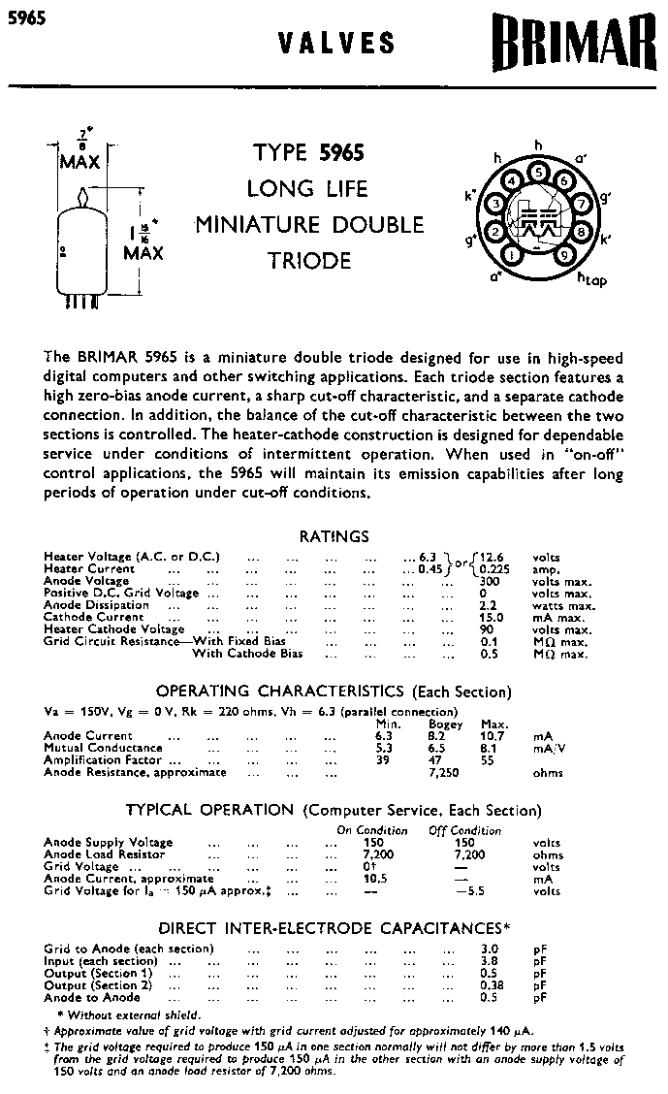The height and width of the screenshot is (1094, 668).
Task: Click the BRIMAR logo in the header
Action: click(x=572, y=45)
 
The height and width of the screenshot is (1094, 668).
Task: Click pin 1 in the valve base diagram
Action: click(x=511, y=254)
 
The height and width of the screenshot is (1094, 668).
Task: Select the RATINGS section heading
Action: click(x=334, y=536)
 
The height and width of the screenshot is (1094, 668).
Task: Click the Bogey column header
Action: click(x=445, y=724)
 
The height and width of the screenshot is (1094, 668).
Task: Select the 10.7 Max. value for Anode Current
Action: click(x=494, y=736)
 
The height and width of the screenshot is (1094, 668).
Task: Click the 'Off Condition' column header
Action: click(x=465, y=830)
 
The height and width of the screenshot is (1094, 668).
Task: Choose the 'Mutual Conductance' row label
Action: click(x=103, y=749)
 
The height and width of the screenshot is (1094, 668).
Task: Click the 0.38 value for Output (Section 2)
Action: click(x=490, y=984)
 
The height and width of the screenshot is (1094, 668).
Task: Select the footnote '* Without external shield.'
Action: click(x=122, y=1014)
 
